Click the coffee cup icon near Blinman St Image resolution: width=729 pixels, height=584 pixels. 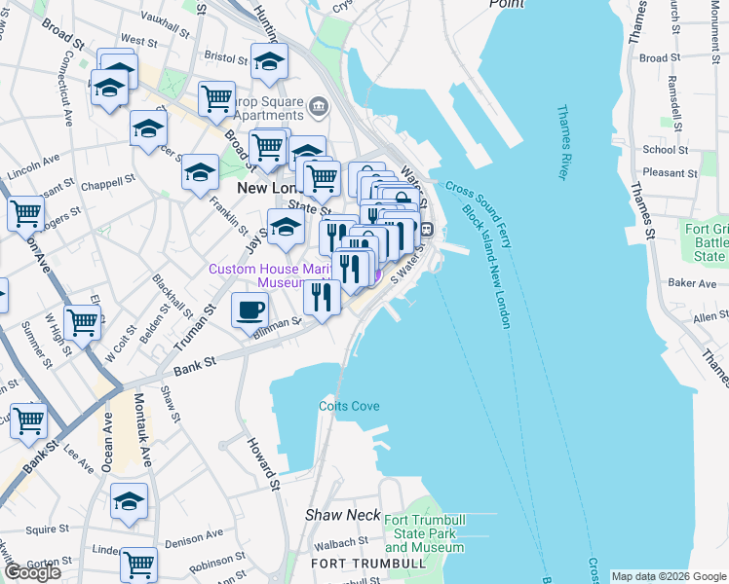[x=250, y=310]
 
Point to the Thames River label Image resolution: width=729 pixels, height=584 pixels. [x=562, y=142]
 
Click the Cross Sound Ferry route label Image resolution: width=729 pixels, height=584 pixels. [x=478, y=205]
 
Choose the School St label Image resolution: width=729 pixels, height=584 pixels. [x=666, y=149]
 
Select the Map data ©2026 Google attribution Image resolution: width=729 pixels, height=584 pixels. [x=669, y=576]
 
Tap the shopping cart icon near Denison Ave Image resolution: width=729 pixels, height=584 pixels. [x=138, y=563]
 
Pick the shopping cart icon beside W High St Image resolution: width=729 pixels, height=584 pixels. [x=82, y=321]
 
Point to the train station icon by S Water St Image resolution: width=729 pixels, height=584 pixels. [x=427, y=230]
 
